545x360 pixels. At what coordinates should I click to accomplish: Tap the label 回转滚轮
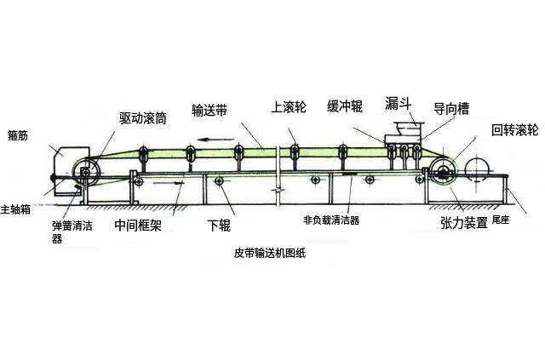(514, 130)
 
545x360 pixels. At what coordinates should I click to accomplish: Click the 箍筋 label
(18, 134)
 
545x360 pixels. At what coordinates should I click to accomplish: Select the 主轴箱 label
(16, 208)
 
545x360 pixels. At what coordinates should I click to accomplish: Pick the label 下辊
(219, 226)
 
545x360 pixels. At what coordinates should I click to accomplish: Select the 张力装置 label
(463, 223)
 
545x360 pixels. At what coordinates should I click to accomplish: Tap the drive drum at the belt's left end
(87, 172)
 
